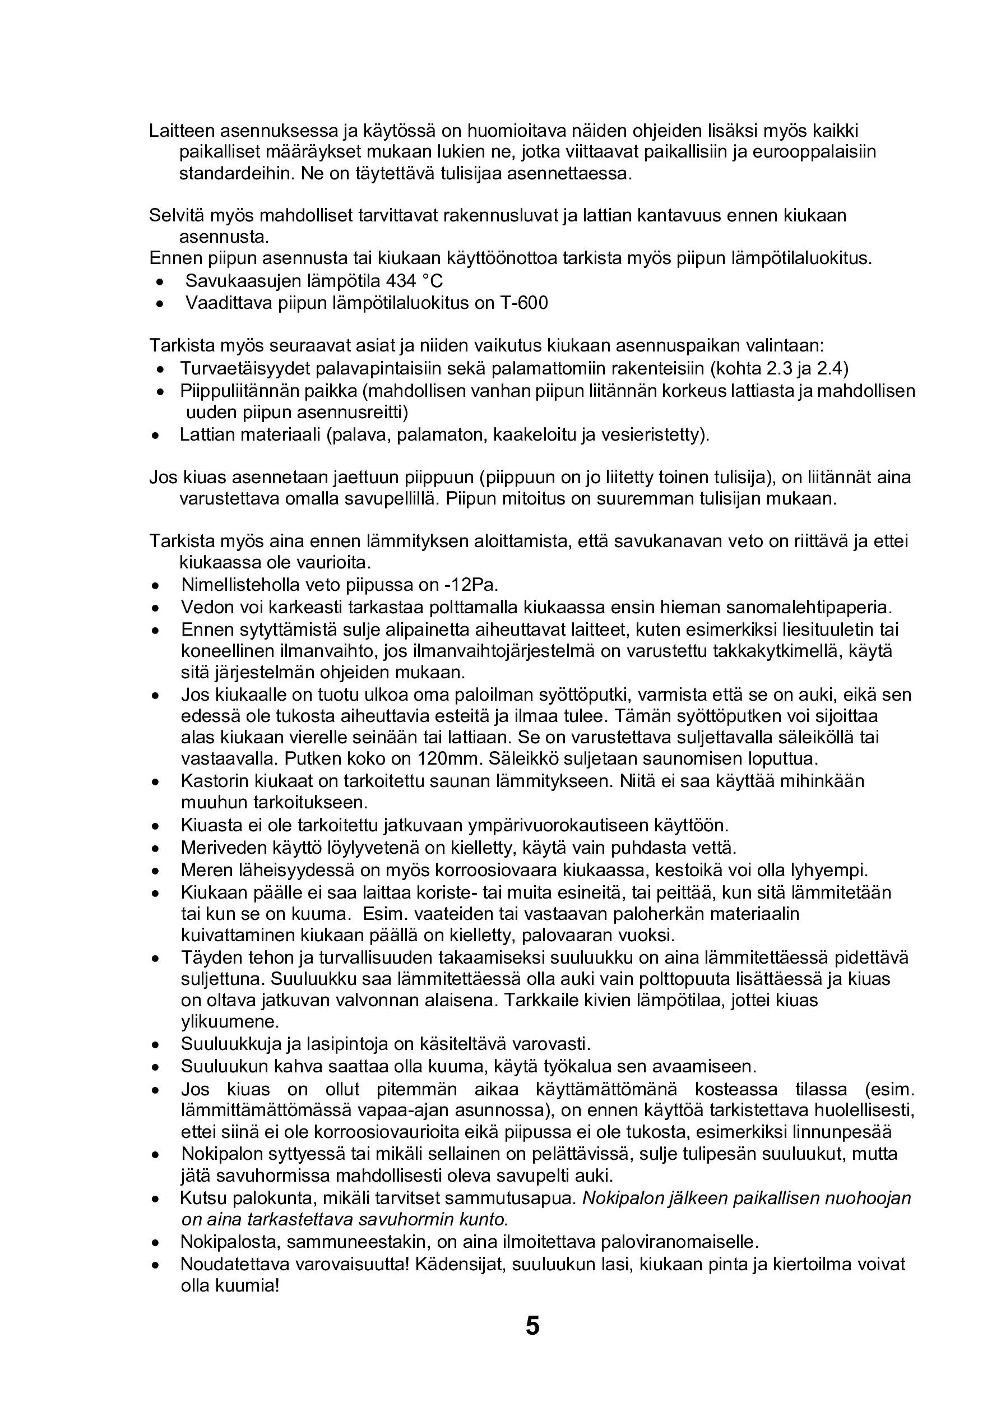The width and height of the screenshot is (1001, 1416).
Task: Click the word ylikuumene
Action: [230, 1022]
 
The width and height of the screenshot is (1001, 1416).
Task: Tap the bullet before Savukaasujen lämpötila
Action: [160, 283]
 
